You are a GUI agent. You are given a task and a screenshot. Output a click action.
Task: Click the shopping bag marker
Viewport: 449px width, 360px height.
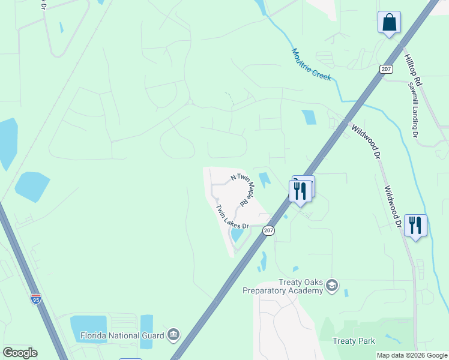(x=389, y=23)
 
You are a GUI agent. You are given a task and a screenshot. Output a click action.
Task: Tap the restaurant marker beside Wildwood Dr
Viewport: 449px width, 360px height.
(x=415, y=226)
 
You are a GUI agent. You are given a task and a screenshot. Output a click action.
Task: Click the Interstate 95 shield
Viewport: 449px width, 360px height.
(x=37, y=299)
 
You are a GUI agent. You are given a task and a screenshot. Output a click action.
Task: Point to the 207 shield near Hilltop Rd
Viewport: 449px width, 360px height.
(x=386, y=69)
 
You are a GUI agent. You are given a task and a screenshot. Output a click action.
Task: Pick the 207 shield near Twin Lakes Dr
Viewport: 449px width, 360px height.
(x=268, y=230)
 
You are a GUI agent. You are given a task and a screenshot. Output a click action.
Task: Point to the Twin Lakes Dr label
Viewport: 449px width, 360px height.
(x=232, y=217)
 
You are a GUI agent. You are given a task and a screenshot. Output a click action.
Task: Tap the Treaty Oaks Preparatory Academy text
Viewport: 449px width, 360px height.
(x=283, y=287)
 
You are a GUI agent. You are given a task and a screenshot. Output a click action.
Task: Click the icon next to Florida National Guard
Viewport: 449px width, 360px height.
(x=173, y=334)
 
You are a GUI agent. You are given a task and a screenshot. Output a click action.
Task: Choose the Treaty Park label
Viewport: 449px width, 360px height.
(x=354, y=341)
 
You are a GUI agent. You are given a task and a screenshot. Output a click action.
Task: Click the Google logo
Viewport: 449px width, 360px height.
(x=20, y=353)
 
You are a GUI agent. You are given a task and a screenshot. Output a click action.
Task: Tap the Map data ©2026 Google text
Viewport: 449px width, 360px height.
(x=412, y=355)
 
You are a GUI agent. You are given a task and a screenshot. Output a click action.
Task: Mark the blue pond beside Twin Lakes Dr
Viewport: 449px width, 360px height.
(x=238, y=235)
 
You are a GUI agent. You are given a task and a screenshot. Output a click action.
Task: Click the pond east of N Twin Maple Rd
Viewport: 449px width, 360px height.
(x=264, y=179)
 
